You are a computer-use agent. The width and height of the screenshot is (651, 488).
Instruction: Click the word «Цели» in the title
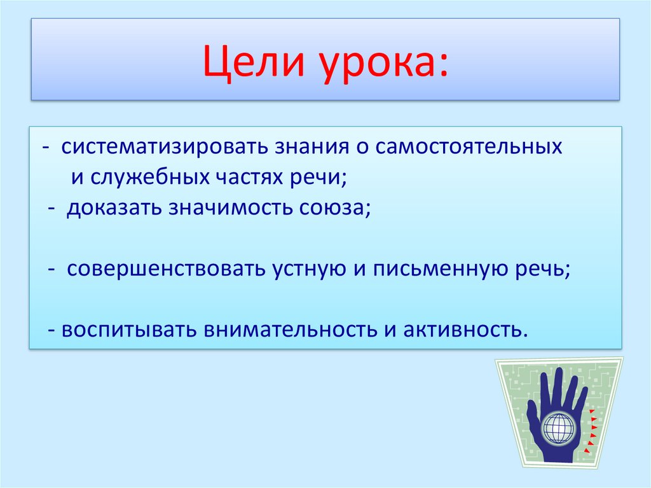point(254,62)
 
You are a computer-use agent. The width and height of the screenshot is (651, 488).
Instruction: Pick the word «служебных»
point(150,177)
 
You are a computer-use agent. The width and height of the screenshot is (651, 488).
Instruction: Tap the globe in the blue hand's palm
point(558,428)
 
